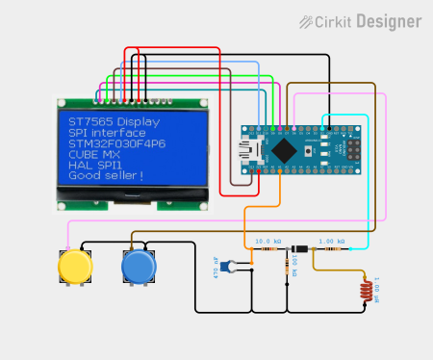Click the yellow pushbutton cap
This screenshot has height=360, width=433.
pos(73,267)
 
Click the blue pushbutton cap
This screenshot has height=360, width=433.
pos(139,267)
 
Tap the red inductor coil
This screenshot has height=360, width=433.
pos(366,289)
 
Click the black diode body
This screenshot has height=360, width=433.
pos(301,249)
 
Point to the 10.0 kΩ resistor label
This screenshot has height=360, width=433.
pos(268,241)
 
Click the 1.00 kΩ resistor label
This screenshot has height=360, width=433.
pos(332,241)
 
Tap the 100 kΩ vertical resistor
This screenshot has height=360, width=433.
pos(289,267)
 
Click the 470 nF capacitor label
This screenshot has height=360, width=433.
pos(216,266)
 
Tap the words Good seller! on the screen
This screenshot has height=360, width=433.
pos(106,175)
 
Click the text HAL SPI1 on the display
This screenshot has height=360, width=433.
pos(94,165)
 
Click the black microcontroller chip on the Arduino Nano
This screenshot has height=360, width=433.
pos(286,149)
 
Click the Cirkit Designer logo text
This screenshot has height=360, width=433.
pos(374,21)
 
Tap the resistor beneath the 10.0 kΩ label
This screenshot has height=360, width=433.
pos(268,249)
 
